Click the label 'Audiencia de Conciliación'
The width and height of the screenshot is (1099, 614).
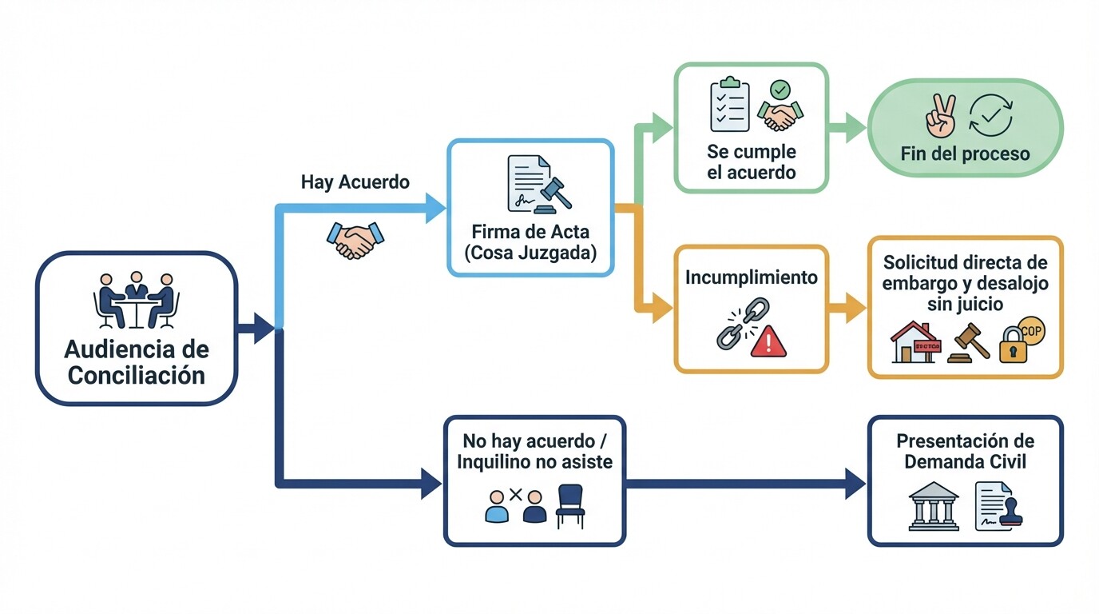point(137,362)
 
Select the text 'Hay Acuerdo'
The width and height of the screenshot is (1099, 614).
point(355,182)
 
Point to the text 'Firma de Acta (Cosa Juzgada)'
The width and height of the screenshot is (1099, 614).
point(530,243)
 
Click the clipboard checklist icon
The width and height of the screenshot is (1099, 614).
point(730,104)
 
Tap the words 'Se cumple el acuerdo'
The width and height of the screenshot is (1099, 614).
point(751,161)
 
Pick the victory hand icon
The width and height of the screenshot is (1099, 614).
point(940,115)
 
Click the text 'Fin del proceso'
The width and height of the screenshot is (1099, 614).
point(965,153)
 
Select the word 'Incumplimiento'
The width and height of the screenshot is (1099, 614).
point(751,277)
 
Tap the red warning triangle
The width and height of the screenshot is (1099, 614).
point(768,341)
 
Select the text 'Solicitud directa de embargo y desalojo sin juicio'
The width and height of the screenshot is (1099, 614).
point(965,283)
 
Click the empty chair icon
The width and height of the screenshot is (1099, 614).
point(570,506)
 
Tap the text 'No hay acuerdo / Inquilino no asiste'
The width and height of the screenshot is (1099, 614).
point(534,452)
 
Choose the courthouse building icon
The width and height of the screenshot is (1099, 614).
point(934,505)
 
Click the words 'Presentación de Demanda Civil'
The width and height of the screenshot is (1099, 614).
point(965,452)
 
